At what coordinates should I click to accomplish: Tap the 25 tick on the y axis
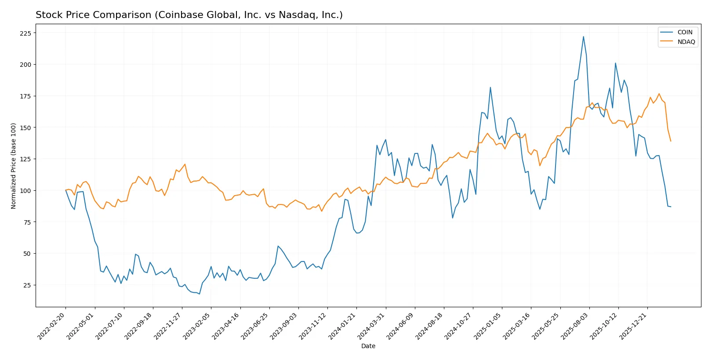point(27,285)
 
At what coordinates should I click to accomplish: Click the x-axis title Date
point(368,346)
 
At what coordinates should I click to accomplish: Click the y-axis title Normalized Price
point(13,166)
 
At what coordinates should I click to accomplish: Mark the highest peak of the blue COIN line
point(583,36)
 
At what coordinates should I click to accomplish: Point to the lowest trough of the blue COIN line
point(199,294)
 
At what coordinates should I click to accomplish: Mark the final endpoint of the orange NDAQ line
point(671,141)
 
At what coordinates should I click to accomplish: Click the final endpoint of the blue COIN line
point(671,207)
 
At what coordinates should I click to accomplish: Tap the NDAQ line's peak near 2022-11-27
point(185,164)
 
